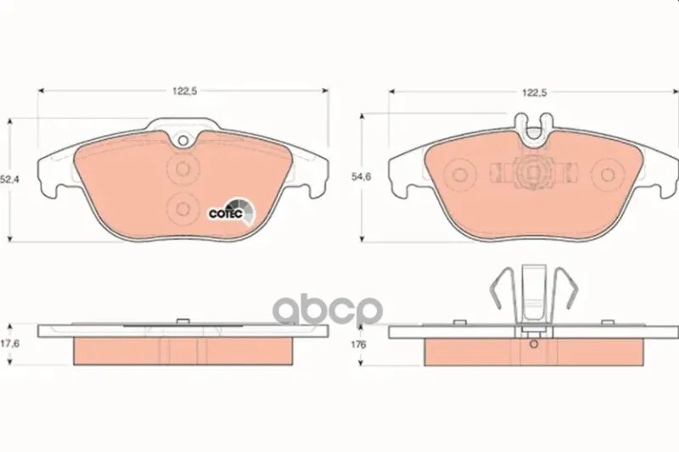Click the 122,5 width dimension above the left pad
pyautogui.click(x=184, y=92)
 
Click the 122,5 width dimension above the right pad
pyautogui.click(x=534, y=92)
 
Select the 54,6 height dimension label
pyautogui.click(x=361, y=177)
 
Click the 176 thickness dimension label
pyautogui.click(x=358, y=344)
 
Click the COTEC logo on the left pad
pyautogui.click(x=232, y=212)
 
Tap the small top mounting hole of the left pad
pyautogui.click(x=183, y=140)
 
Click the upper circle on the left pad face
pyautogui.click(x=182, y=168)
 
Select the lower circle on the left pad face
pyautogui.click(x=182, y=209)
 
